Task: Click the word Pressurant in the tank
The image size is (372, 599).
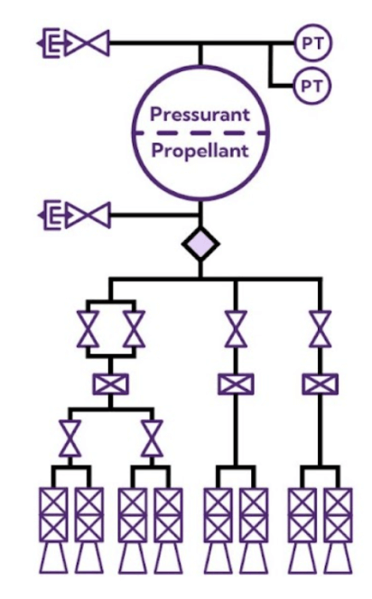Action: [200, 115]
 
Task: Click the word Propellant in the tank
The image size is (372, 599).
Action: [200, 151]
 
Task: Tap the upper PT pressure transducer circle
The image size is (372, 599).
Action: [312, 43]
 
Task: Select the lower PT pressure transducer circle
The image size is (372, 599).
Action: [312, 86]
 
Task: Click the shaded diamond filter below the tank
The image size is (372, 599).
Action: [200, 244]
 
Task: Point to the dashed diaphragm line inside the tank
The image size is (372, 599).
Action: [200, 133]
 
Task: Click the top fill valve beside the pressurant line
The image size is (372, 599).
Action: [88, 42]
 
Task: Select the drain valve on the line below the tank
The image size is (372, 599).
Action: [88, 215]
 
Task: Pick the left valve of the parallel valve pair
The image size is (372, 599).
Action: [88, 329]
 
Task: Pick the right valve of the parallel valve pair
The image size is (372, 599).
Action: [134, 329]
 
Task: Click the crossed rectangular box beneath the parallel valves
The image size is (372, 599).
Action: [110, 384]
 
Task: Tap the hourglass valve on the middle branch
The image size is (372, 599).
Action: [236, 329]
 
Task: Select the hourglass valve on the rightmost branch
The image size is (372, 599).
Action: [320, 329]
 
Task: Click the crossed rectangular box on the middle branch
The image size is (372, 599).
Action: [236, 384]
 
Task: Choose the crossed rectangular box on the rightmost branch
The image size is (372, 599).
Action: [320, 384]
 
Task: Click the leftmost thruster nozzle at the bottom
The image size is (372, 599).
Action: [53, 558]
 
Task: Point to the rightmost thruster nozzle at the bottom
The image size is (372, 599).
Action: [339, 558]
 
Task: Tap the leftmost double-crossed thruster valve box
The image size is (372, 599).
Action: [53, 514]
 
